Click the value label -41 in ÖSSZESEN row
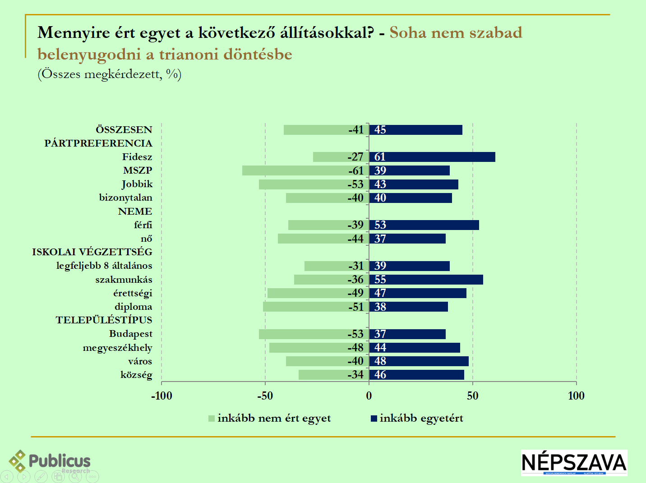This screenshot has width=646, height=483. click(x=356, y=130)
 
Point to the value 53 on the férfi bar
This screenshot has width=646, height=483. click(x=380, y=225)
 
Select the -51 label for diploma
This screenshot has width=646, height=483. click(x=356, y=307)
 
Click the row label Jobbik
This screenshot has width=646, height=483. click(x=137, y=184)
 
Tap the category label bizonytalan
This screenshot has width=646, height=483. click(x=126, y=198)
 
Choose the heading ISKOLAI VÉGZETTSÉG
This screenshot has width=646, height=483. click(x=92, y=252)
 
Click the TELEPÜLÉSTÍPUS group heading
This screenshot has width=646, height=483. click(x=104, y=320)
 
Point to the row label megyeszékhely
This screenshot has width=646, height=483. click(x=117, y=348)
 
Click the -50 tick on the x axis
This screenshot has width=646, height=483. click(x=265, y=396)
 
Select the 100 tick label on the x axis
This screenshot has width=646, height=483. click(x=576, y=396)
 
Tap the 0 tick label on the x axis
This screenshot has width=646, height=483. click(x=369, y=396)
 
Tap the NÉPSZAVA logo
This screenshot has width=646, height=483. click(x=574, y=462)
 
